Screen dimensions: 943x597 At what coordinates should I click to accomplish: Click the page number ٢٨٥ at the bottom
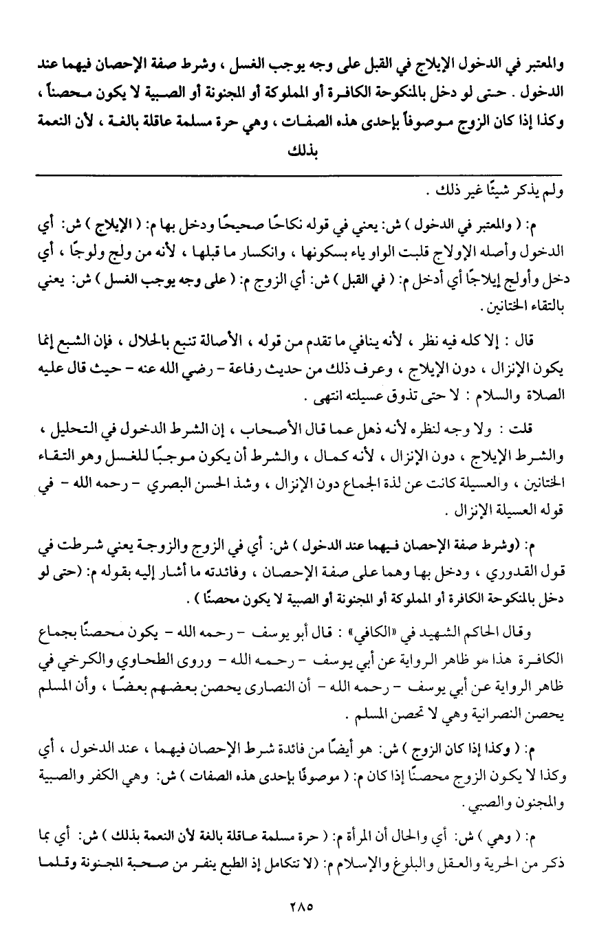298,906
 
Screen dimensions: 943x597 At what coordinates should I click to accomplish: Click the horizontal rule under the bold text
298,176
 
